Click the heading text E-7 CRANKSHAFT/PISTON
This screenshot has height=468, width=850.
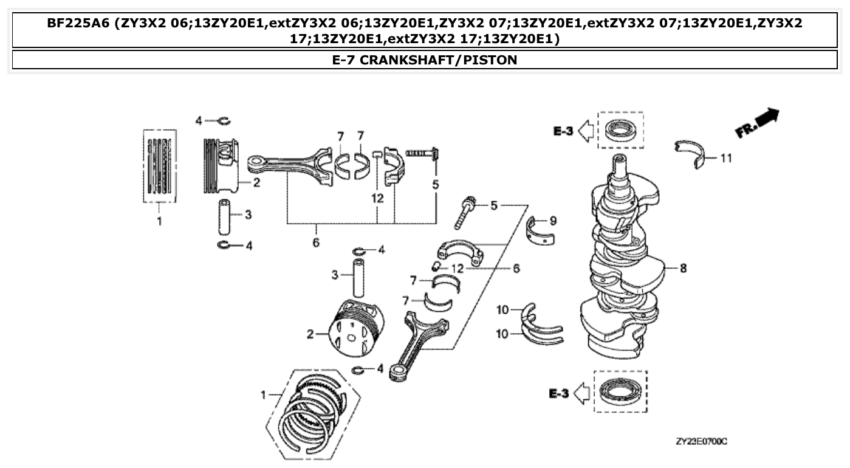[425, 60]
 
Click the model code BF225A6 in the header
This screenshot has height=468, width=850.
[79, 24]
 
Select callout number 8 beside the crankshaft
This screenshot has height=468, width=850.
[683, 268]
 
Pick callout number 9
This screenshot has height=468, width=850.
[552, 221]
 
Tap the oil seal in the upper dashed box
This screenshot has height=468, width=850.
[621, 130]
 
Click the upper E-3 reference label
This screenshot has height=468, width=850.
[563, 130]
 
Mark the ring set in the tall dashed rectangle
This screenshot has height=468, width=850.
[160, 165]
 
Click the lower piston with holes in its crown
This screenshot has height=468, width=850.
[355, 331]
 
